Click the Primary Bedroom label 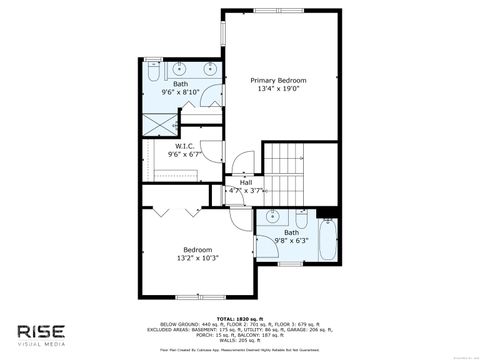[278, 80]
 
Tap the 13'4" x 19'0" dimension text [278, 90]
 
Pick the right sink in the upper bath [210, 68]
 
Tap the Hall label [245, 181]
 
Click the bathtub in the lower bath [326, 241]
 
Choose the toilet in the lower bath [299, 217]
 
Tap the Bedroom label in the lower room [197, 249]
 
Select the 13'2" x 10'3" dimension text [197, 259]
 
